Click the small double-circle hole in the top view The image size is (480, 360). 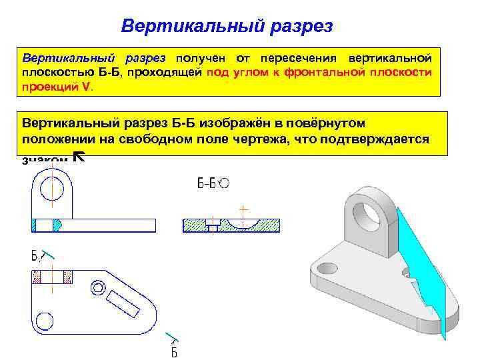point(98,288)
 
